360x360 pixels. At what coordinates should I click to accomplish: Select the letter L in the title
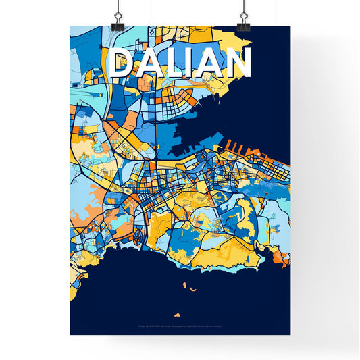175,63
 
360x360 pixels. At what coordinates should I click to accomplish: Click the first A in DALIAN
150,63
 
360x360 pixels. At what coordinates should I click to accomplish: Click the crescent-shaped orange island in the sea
192,290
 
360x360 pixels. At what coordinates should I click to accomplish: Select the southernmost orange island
177,315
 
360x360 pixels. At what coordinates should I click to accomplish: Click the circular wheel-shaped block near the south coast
138,236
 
